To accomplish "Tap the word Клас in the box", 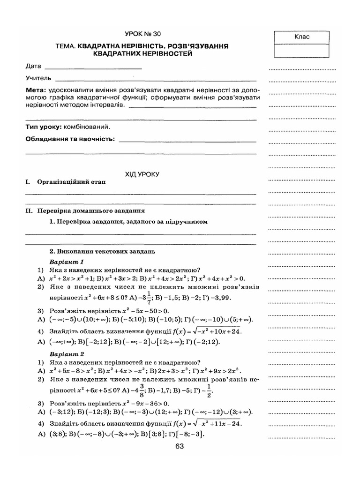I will pyautogui.click(x=302, y=37).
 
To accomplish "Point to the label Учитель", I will pyautogui.click(x=38, y=78).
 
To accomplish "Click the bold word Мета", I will pyautogui.click(x=35, y=90).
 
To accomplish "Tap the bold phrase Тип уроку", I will pyautogui.click(x=44, y=127).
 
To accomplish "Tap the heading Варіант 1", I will pyautogui.click(x=66, y=261).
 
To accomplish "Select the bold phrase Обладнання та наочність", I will pyautogui.click(x=70, y=139).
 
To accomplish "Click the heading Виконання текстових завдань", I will pyautogui.click(x=102, y=252).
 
